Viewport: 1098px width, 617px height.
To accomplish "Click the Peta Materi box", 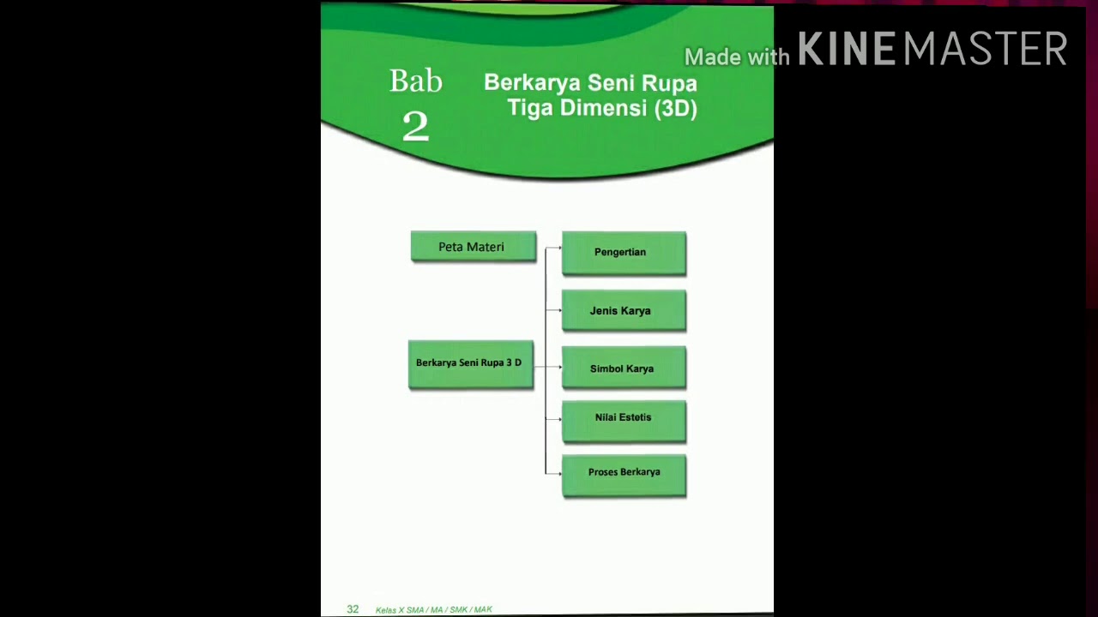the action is [x=473, y=247].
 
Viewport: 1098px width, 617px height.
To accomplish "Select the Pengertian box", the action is [x=624, y=253].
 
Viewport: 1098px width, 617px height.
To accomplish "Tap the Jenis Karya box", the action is [x=624, y=310].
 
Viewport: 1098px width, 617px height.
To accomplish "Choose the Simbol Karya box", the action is [x=624, y=368].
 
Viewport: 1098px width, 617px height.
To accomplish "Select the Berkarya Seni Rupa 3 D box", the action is [x=470, y=364].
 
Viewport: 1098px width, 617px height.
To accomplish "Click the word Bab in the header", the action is [x=416, y=81].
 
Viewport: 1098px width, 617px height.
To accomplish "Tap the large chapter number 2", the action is [x=415, y=127].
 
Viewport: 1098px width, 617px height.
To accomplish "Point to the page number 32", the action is [x=353, y=609].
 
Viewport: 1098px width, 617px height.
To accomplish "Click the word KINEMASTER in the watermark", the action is [x=932, y=50].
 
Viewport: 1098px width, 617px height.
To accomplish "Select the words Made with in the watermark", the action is [x=736, y=57].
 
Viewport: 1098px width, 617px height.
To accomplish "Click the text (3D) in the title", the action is [x=676, y=109].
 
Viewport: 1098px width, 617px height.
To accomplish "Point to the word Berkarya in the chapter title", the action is [x=531, y=83].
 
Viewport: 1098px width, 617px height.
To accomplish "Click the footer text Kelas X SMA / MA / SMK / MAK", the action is [x=434, y=610].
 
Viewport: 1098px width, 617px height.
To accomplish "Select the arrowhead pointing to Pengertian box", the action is [x=558, y=248].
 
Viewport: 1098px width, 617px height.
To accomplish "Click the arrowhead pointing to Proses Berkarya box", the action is [x=558, y=472].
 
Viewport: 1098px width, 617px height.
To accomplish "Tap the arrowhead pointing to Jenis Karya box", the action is [x=558, y=309].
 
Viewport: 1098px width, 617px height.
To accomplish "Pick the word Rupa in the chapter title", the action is [x=668, y=84].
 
